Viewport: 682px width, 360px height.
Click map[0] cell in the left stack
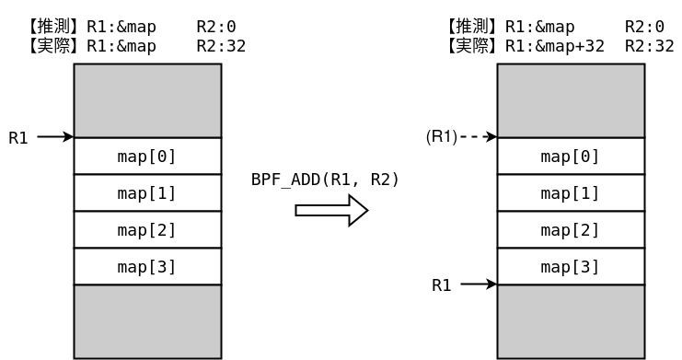click(147, 157)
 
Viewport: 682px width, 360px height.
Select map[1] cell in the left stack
click(147, 193)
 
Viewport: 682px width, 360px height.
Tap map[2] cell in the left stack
click(147, 230)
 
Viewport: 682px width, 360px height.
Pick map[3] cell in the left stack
click(147, 267)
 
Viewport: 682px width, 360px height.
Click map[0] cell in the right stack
click(571, 157)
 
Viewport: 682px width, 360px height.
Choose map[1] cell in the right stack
click(571, 193)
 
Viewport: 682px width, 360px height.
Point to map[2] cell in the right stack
click(571, 230)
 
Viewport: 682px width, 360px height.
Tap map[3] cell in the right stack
click(571, 267)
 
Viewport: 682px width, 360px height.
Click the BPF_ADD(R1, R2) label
click(325, 180)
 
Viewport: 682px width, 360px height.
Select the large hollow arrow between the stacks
click(330, 211)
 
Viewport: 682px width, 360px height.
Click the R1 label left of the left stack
click(18, 138)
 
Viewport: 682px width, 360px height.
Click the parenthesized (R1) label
click(442, 137)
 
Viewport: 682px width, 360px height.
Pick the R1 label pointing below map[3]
click(442, 285)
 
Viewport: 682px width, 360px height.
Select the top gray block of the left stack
click(147, 101)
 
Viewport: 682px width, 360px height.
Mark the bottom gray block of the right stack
click(571, 321)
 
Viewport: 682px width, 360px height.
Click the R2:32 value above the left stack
click(221, 46)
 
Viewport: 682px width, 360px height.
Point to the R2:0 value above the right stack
click(644, 27)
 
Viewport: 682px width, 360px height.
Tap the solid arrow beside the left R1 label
click(55, 137)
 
